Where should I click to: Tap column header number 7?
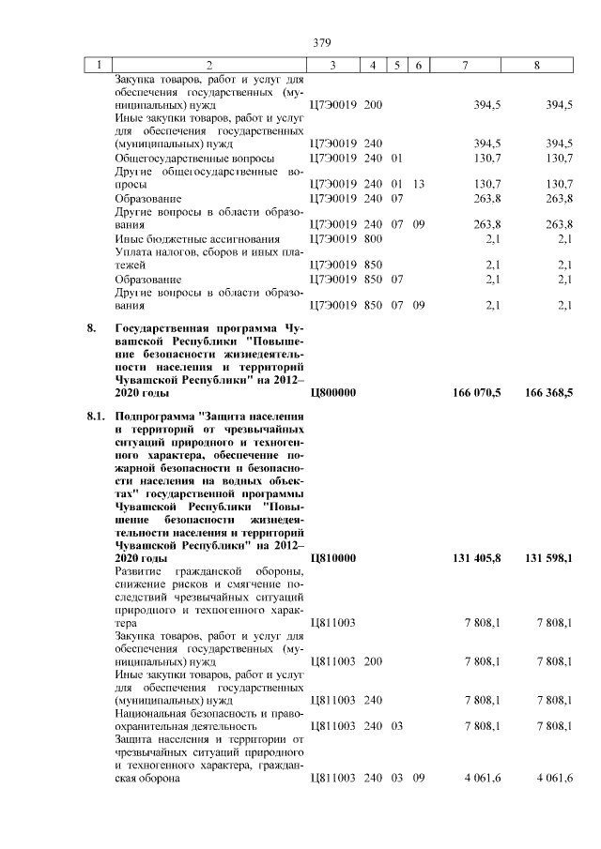466,65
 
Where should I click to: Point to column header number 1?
97,65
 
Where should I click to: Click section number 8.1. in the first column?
94,414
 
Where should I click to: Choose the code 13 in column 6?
419,183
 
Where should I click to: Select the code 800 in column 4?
373,239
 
